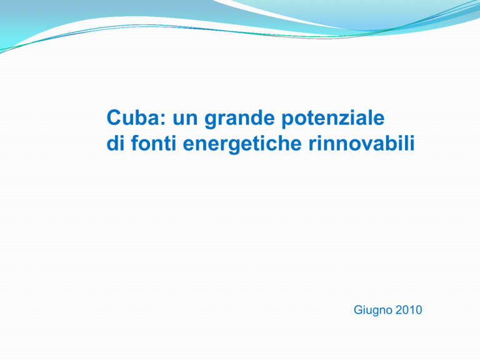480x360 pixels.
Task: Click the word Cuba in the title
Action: pos(133,117)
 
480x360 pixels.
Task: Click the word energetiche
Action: pos(242,144)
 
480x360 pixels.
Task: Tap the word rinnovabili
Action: pos(361,143)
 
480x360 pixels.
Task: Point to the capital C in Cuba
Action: pos(114,117)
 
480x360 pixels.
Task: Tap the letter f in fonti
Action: pos(135,142)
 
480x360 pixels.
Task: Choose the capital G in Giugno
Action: pos(358,310)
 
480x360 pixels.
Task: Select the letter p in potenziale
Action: pos(287,121)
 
